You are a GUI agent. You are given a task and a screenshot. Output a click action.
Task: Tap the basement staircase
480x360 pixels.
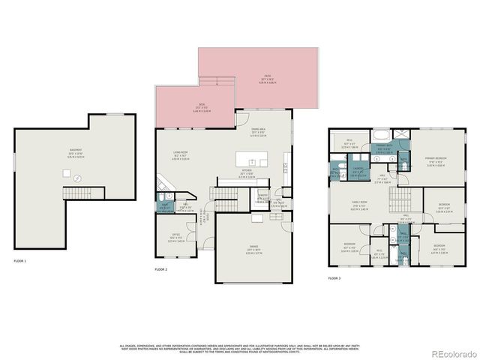76,193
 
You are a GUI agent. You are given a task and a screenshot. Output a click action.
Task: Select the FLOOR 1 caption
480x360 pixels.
19,261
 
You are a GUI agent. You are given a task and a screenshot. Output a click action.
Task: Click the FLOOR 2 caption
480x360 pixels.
160,268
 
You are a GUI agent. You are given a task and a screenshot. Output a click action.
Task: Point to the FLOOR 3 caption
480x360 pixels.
334,278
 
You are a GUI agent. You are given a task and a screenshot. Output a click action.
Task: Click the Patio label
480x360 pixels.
267,79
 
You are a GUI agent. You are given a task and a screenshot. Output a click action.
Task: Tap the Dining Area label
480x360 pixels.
258,133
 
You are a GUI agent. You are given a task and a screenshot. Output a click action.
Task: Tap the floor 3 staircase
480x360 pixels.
403,199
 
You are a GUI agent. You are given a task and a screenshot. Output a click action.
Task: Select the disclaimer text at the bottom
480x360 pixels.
239,348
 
